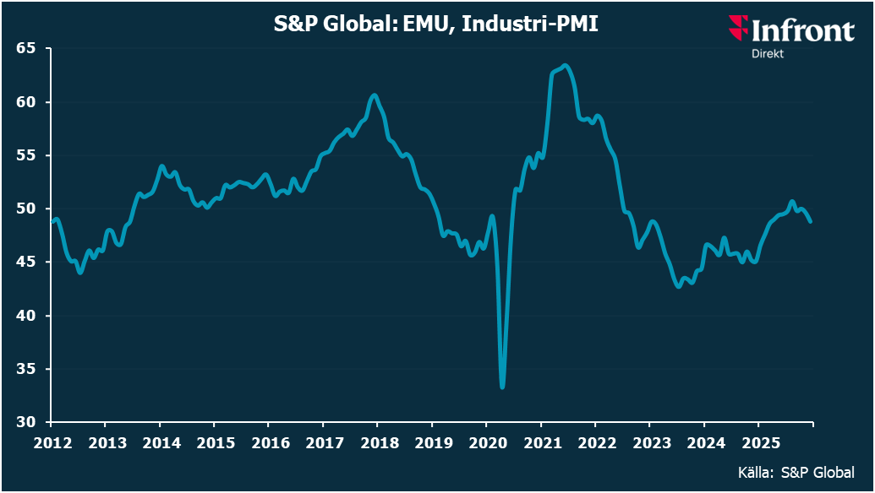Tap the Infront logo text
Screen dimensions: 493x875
801,32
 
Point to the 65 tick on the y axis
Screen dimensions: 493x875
28,48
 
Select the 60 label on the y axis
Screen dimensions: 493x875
28,102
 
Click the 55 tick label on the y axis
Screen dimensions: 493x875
28,155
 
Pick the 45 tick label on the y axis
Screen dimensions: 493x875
28,263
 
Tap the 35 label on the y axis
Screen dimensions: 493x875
28,369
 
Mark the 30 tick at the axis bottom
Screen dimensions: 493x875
28,422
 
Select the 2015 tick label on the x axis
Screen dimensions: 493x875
213,442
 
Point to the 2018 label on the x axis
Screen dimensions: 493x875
376,442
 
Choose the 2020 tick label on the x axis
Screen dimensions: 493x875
485,442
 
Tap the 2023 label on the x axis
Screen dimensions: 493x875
648,442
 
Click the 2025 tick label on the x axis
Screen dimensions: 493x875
757,442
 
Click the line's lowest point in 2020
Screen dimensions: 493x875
503,387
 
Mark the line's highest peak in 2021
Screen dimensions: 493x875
565,66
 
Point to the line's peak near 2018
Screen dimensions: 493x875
375,95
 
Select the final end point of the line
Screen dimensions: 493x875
811,221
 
